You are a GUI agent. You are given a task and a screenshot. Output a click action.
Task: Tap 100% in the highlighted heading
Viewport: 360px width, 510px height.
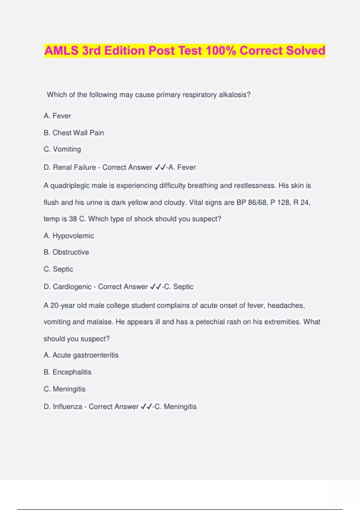[221, 50]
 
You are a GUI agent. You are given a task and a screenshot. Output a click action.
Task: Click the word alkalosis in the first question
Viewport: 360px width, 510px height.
[234, 95]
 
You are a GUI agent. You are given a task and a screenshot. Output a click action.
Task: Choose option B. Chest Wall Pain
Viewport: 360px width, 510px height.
[74, 133]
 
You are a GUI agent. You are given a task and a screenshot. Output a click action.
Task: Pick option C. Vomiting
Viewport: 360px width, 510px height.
[62, 149]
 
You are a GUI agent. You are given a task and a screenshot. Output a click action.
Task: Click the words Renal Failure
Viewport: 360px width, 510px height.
[74, 167]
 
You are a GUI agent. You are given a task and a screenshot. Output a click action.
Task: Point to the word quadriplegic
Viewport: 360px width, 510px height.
[70, 186]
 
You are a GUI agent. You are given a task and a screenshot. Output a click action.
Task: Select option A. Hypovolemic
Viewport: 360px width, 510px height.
[69, 236]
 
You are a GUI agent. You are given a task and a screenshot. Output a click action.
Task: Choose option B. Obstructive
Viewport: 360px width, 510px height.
[66, 252]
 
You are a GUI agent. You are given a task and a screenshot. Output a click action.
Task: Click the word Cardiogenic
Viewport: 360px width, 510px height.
[72, 287]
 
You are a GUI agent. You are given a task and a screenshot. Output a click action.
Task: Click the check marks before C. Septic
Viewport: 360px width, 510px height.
[156, 287]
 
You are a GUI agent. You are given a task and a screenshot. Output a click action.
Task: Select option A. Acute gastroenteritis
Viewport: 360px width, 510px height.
[81, 355]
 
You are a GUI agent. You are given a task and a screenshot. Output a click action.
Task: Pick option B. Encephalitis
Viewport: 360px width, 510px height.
[67, 372]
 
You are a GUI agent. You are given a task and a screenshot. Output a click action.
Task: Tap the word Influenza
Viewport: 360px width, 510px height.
[67, 407]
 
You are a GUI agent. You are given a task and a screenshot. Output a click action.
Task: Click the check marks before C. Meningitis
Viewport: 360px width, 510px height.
[146, 407]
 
